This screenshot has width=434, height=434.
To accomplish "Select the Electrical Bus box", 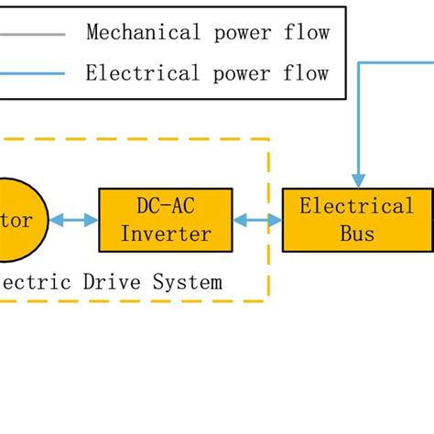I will (357, 220).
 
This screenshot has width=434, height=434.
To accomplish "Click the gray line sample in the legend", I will (32, 35).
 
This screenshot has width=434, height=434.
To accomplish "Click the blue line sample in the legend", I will (32, 73).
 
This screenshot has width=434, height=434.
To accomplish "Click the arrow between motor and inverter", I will (74, 220).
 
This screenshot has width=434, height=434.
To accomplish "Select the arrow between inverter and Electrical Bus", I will (257, 220).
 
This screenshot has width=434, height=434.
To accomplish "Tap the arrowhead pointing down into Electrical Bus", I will (359, 180).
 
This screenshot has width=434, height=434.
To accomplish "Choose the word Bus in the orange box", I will (357, 233).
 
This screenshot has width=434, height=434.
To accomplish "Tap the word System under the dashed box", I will (187, 282).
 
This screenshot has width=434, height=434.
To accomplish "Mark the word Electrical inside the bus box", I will (357, 206).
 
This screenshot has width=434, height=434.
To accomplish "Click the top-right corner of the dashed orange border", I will (268, 139).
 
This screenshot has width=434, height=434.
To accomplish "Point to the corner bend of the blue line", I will (359, 62).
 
